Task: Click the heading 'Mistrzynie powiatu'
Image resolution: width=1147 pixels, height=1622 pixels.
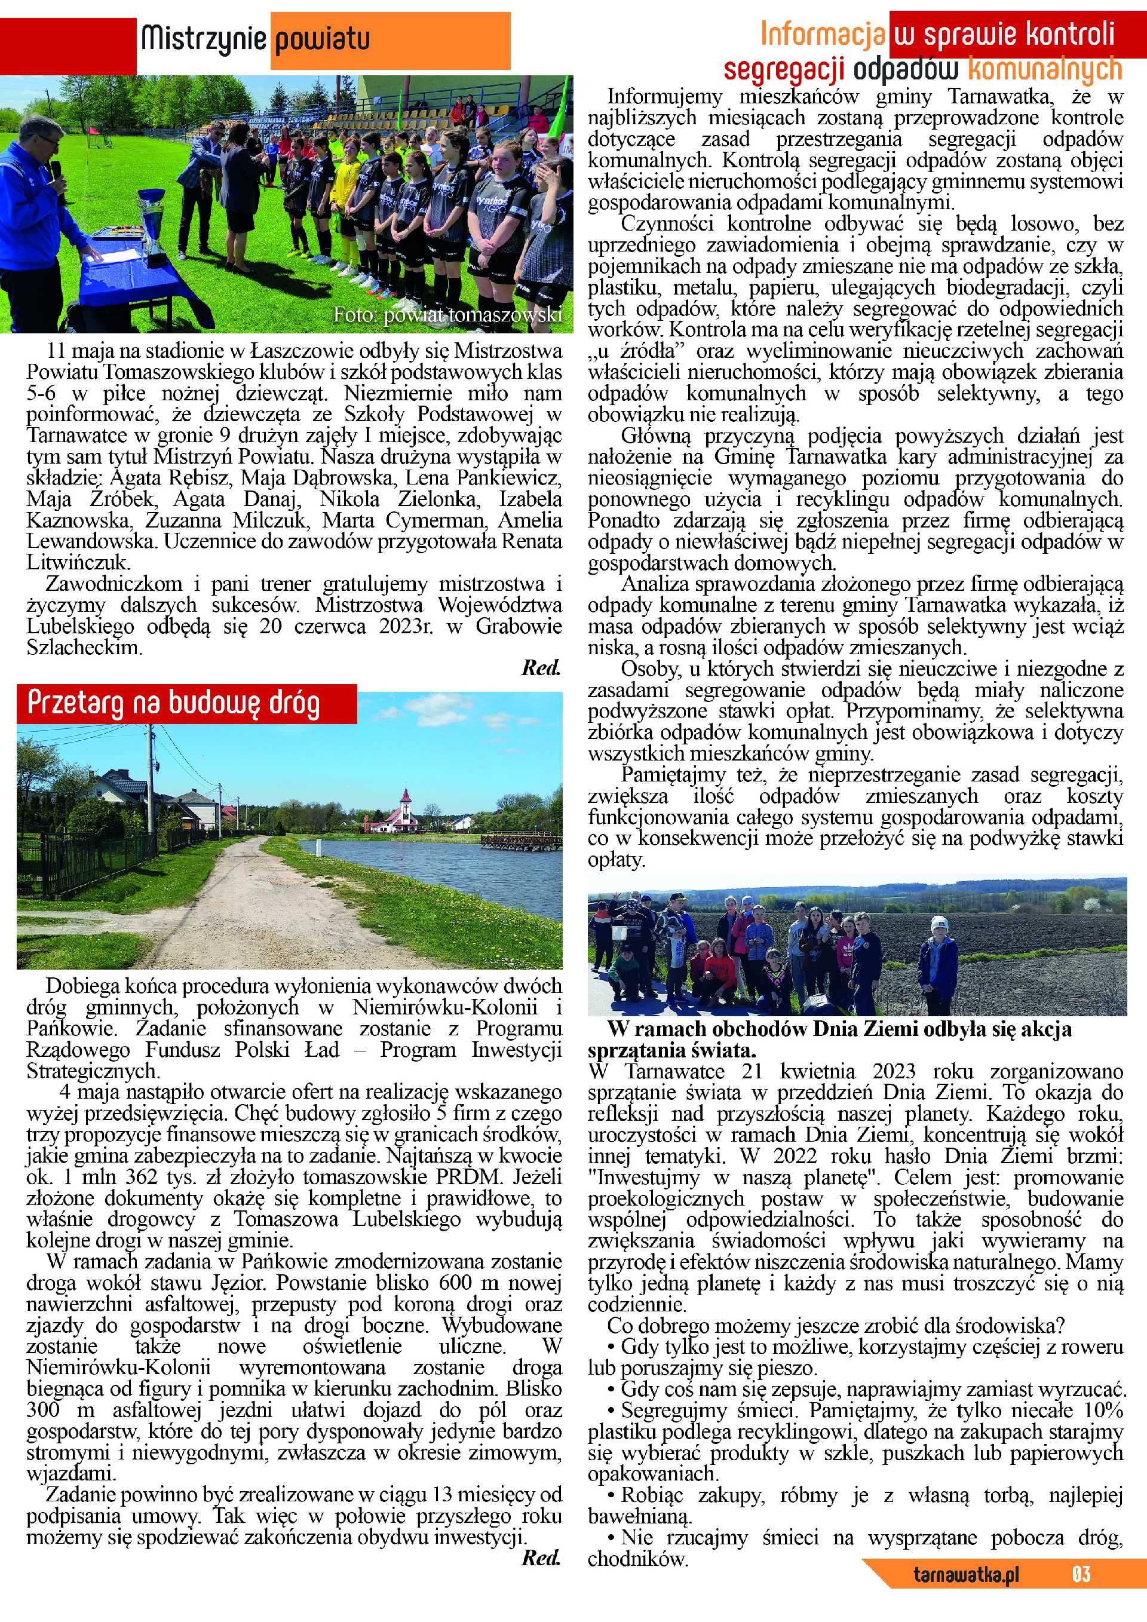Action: click(x=255, y=39)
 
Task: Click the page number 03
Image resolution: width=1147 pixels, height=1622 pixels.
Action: click(x=1081, y=1593)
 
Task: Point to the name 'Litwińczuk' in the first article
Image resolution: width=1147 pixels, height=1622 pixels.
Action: click(x=78, y=563)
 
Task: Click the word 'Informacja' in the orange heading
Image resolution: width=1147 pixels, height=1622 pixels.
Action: click(x=822, y=33)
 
